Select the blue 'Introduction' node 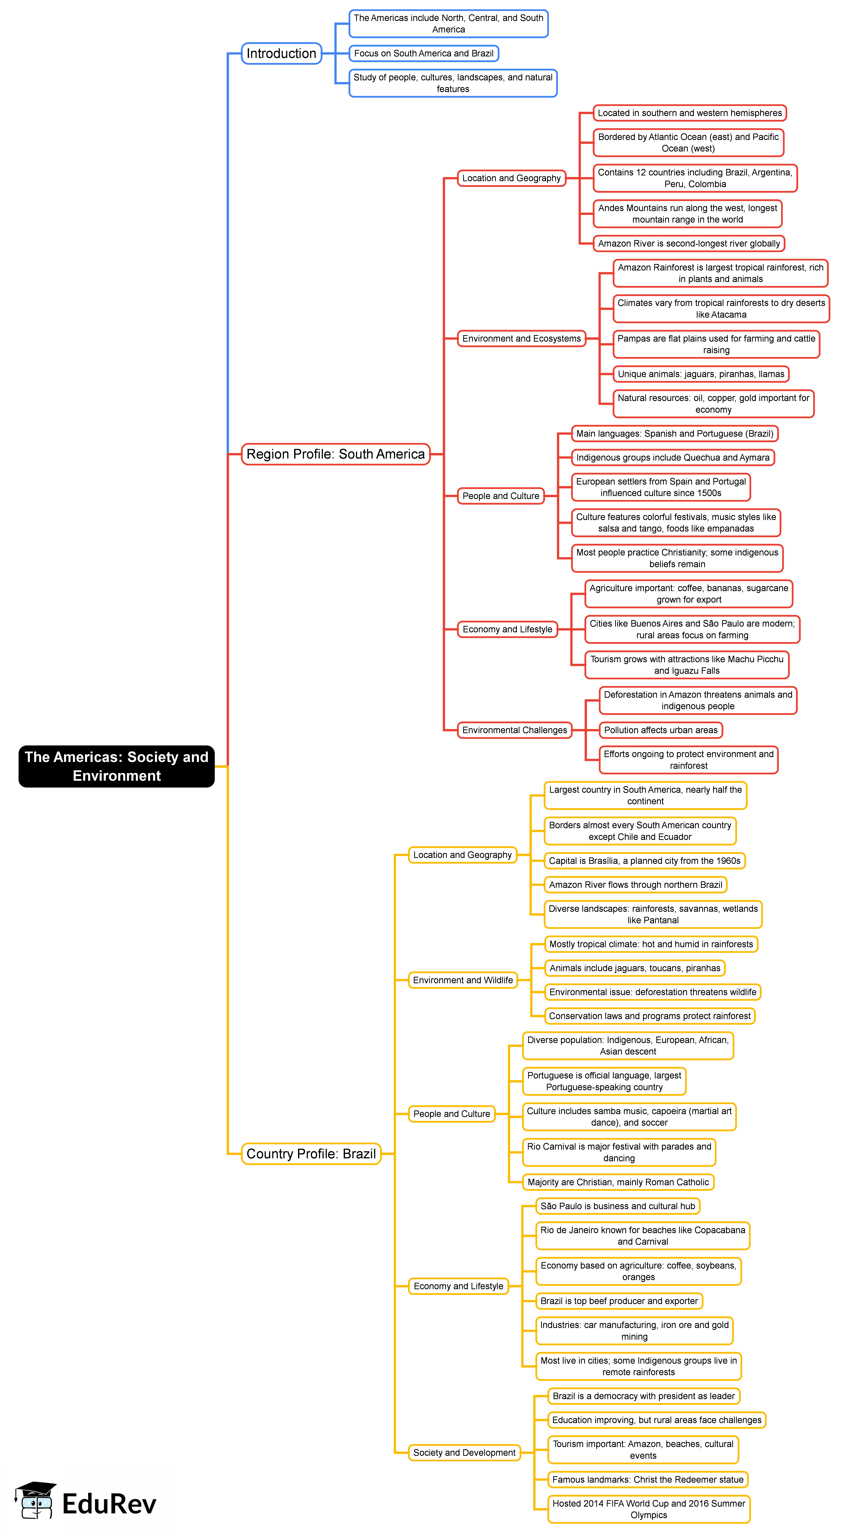coord(281,53)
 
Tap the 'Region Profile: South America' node coord(336,454)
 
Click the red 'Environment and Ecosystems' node coord(521,339)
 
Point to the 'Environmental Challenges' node coord(515,730)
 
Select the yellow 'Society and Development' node coord(464,1453)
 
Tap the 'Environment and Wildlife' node coord(463,980)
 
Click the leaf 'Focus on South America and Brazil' coord(424,53)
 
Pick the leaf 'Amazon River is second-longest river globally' coord(689,243)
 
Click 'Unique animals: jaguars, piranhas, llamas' coord(701,374)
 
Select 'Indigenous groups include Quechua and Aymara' coord(673,458)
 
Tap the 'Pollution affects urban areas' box coord(661,730)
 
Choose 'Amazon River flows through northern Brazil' coord(635,885)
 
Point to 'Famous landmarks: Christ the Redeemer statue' coord(648,1480)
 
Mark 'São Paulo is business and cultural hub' coord(618,1206)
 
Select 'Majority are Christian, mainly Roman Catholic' coord(618,1182)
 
